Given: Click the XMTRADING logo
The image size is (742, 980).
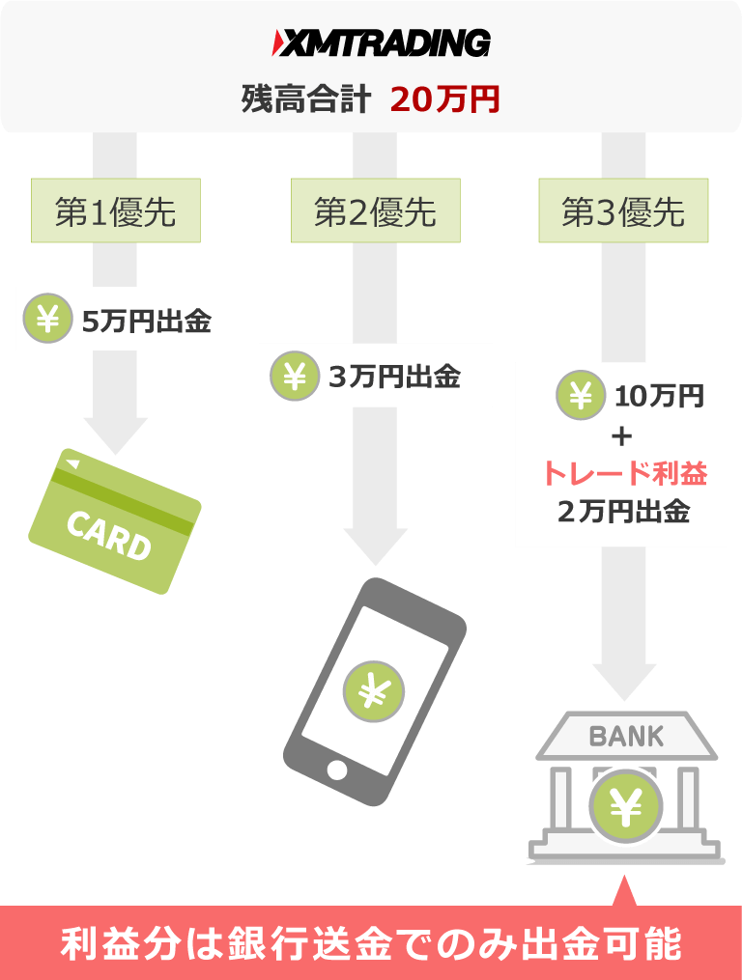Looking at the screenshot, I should tap(382, 43).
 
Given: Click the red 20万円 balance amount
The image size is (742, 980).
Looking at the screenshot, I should tap(445, 99).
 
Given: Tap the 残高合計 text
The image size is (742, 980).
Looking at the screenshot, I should tap(305, 99).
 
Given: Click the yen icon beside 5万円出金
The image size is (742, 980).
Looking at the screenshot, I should tap(47, 321).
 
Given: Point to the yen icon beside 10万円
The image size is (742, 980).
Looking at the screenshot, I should tap(581, 396).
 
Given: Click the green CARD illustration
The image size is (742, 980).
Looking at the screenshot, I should tap(115, 520).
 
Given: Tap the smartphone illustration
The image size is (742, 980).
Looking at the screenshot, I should tap(375, 690).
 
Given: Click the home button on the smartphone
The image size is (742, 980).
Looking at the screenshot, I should tap(336, 770).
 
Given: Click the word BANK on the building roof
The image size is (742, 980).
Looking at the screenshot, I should tap(626, 737).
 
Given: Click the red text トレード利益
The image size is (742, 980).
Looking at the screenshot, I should tap(623, 474).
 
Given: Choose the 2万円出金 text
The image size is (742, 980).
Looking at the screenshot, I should tap(623, 513).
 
